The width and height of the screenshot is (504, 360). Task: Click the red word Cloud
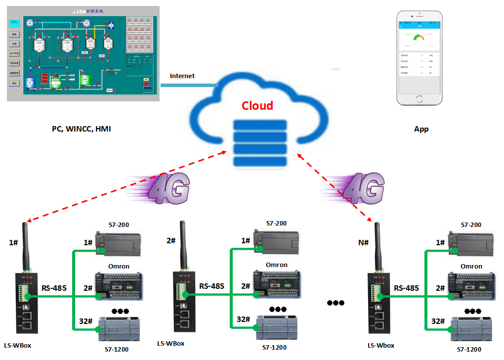[257, 105]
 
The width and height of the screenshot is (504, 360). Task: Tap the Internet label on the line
[182, 76]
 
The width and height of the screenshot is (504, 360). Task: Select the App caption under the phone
[421, 129]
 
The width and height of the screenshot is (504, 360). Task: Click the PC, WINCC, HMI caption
[82, 129]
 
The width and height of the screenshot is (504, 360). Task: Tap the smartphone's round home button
[420, 100]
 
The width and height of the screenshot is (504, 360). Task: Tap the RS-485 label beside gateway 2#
[211, 286]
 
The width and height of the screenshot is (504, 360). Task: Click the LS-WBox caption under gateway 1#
[17, 345]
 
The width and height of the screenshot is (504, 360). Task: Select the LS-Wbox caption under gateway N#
[381, 345]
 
